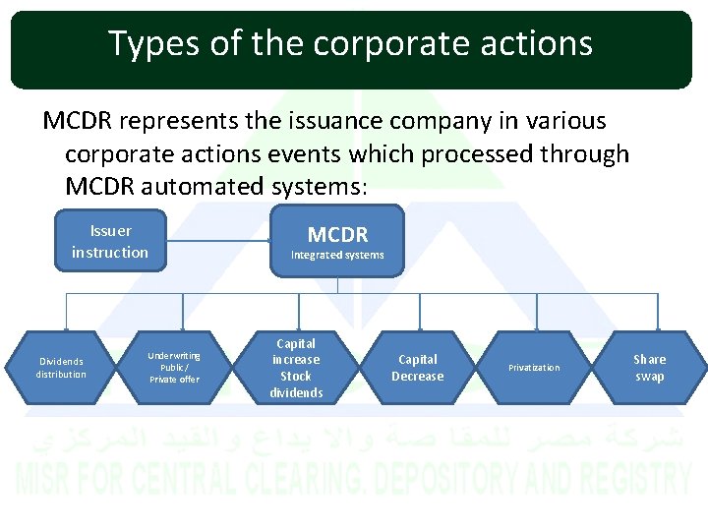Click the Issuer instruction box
coord(109,242)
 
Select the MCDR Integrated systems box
coord(337,241)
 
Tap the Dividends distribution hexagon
coord(61,368)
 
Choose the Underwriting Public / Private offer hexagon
coord(174,368)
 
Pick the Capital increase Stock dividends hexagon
coord(296,368)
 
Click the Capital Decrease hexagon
coord(418,368)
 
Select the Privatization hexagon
coord(534,368)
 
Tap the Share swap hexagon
coord(649,368)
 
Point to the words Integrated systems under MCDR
coord(337,256)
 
